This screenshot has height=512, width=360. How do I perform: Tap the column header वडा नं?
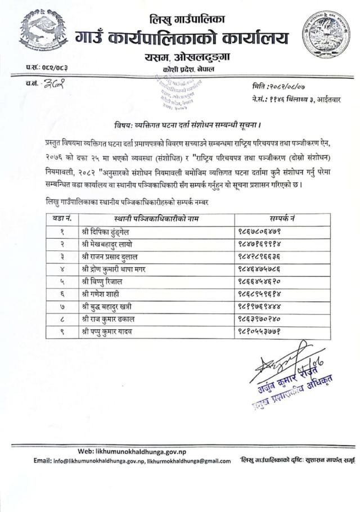(61, 218)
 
